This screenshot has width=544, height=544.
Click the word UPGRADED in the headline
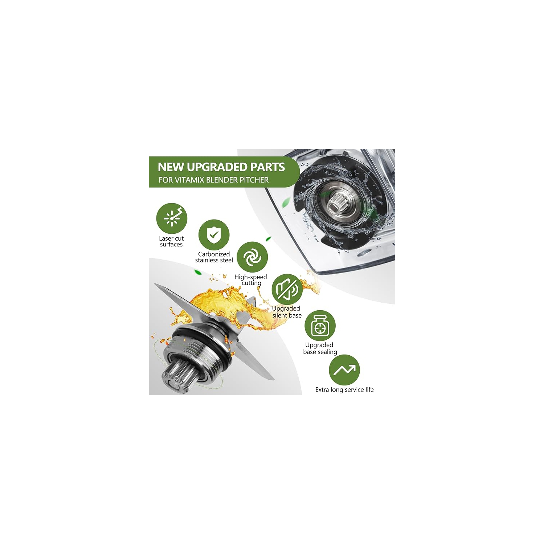click(217, 167)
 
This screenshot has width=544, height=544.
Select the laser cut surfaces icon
click(172, 218)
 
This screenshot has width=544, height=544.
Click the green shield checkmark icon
click(214, 235)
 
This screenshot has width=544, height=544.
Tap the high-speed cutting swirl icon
click(252, 257)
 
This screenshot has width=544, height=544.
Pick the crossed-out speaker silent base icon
click(287, 289)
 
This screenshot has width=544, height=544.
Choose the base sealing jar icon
click(320, 326)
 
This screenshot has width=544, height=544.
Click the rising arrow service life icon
click(344, 370)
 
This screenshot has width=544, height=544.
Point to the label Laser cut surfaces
click(171, 241)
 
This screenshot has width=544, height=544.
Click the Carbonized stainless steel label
click(214, 257)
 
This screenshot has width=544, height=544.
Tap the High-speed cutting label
click(251, 280)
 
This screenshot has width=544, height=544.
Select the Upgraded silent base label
click(287, 312)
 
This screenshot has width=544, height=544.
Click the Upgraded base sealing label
click(320, 348)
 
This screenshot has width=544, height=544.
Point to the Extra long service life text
click(344, 389)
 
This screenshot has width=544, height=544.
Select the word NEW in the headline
click(171, 167)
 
